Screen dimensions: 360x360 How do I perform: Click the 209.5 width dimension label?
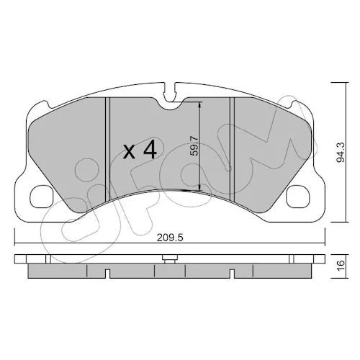click(170, 238)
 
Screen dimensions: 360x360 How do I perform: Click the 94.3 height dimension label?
click(340, 153)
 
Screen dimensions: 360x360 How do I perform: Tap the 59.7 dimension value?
click(194, 145)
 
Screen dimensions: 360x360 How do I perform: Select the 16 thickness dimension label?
click(341, 266)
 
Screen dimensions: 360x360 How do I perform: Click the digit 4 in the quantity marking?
click(150, 150)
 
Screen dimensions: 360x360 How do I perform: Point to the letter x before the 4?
click(129, 152)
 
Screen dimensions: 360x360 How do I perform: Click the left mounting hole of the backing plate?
click(42, 197)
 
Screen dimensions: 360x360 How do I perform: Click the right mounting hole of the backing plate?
click(298, 197)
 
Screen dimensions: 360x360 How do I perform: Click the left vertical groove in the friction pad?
click(107, 149)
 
